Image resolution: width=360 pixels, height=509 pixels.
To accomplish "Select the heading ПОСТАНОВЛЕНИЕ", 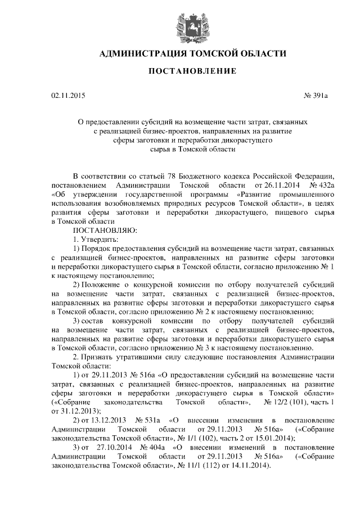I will point(180,71).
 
